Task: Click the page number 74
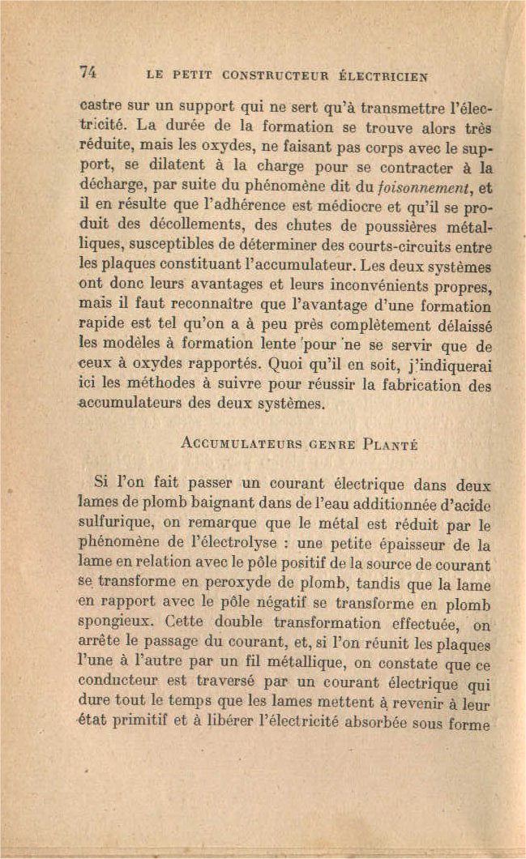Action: [x=88, y=71]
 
